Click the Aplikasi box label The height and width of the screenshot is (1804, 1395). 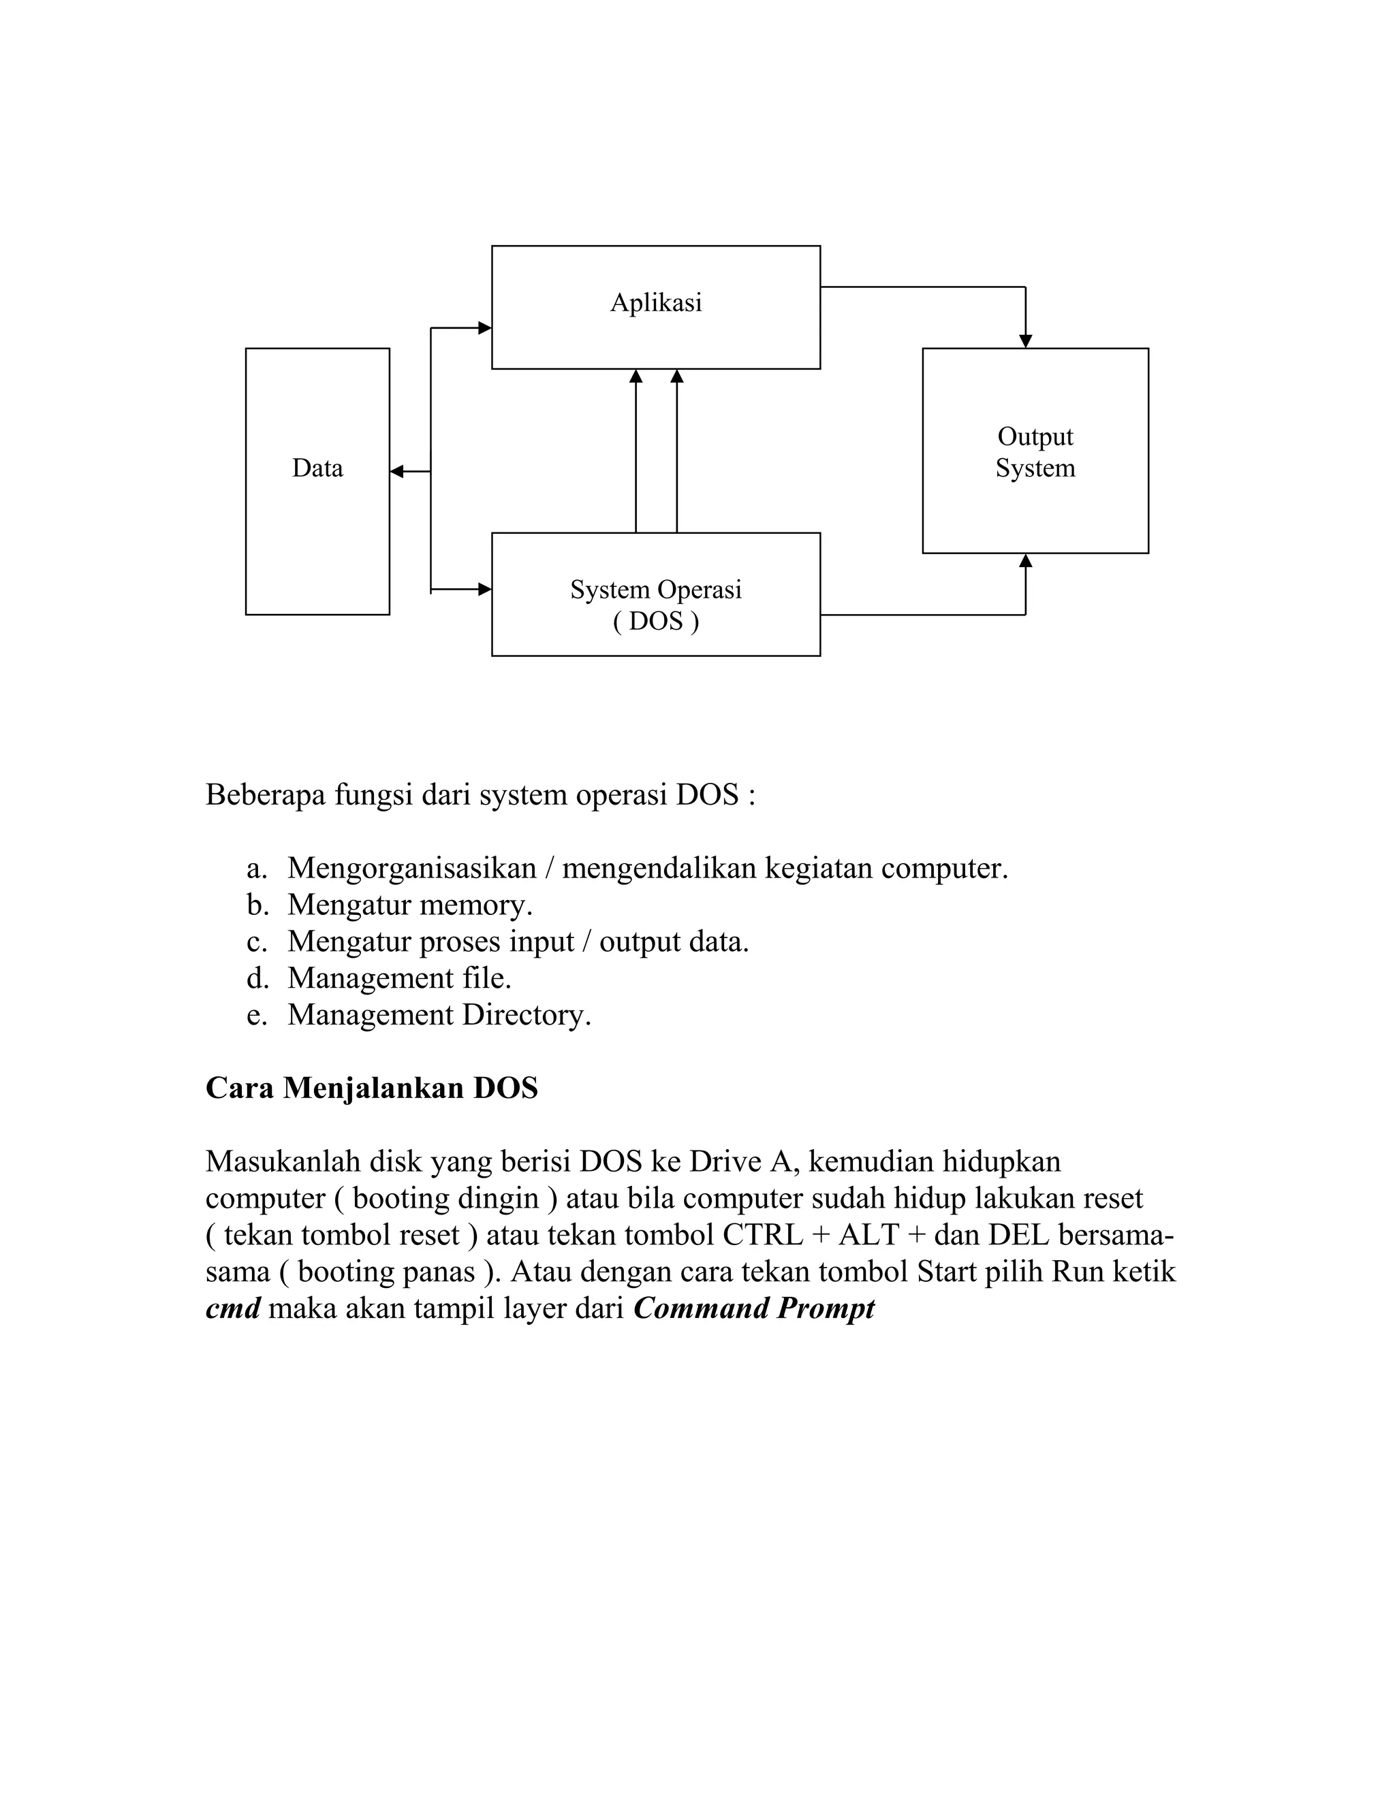tap(655, 303)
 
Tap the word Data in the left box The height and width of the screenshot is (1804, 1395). tap(317, 468)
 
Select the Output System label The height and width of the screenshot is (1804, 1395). tap(1035, 452)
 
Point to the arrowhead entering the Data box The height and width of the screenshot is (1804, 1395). tap(396, 472)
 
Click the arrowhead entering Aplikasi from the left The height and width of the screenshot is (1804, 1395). tap(485, 328)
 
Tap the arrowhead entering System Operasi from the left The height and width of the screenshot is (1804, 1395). tap(485, 590)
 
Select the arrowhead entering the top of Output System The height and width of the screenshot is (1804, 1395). tap(1026, 341)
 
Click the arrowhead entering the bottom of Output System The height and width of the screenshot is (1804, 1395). tap(1026, 561)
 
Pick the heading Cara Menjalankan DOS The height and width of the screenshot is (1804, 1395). tap(371, 1088)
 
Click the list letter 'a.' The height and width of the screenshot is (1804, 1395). tap(256, 868)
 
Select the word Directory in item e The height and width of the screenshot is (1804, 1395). tap(527, 1014)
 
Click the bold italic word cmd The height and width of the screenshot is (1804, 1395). tap(232, 1308)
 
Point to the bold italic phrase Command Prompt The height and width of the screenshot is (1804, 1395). tap(754, 1308)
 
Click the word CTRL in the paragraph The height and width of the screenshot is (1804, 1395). tap(762, 1235)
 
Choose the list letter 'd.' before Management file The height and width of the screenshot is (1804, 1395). tap(257, 978)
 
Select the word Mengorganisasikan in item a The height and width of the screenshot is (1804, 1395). tap(411, 868)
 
